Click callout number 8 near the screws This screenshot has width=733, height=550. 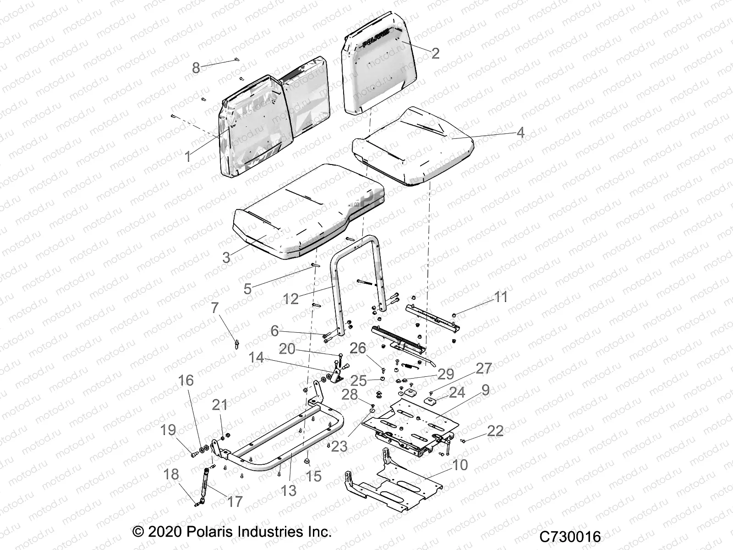click(196, 69)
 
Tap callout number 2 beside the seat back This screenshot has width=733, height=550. click(435, 53)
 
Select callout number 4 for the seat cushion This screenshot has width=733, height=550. click(520, 133)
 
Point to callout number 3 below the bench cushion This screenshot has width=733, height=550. click(226, 258)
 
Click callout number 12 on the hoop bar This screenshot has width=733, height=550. click(290, 299)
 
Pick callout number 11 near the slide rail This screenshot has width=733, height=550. click(501, 297)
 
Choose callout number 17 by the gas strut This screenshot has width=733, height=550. click(235, 502)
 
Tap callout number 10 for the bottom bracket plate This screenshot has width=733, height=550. click(459, 465)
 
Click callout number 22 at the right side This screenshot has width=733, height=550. click(496, 431)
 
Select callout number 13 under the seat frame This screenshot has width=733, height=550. click(289, 490)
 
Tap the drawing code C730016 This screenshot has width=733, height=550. click(570, 537)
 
